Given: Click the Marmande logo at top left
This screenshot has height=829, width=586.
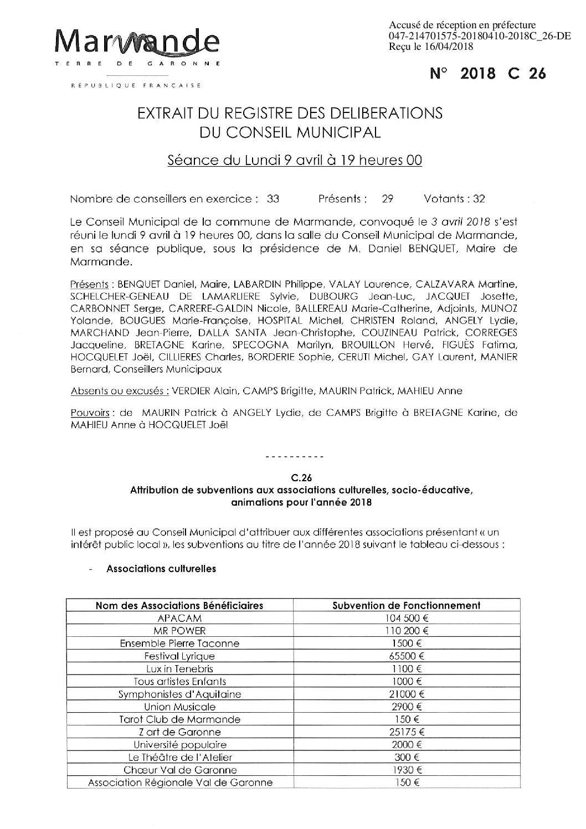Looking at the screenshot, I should point(138,43).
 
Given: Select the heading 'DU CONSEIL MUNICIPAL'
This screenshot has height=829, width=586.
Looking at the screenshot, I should point(290,132).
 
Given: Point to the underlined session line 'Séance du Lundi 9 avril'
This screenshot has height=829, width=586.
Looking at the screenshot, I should point(295,161).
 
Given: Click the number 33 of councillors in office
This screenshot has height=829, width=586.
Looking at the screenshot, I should point(273,199).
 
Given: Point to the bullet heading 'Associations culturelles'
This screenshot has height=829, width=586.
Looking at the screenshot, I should point(161,568).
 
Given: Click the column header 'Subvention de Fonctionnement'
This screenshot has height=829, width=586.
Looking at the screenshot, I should point(406,605).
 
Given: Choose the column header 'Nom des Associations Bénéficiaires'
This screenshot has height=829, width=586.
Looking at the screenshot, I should point(179,605).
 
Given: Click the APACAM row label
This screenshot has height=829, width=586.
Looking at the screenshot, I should point(179,618).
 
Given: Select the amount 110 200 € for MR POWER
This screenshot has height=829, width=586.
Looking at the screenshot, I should point(406,631).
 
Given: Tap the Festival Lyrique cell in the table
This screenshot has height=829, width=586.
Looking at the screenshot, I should point(179,656).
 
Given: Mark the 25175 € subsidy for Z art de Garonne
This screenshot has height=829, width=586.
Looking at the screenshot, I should point(406,732).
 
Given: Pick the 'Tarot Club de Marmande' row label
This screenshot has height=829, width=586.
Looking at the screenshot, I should point(179,719).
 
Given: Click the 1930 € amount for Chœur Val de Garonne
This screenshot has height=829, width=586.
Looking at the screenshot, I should point(406,770).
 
